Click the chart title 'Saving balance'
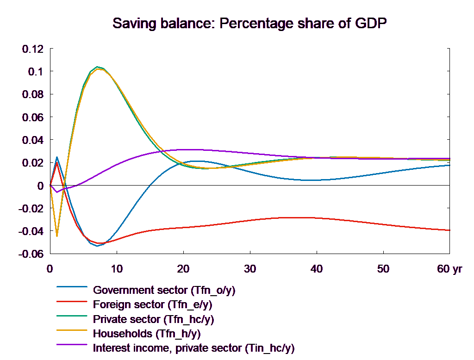tap(249, 24)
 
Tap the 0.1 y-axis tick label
tap(35, 72)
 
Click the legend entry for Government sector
tap(164, 291)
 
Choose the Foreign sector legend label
tap(153, 305)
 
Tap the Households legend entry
tap(147, 333)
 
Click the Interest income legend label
tap(193, 348)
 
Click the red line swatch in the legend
tap(72, 301)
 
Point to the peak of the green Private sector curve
tap(97, 67)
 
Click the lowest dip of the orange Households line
tap(57, 236)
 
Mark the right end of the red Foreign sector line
tap(450, 230)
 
